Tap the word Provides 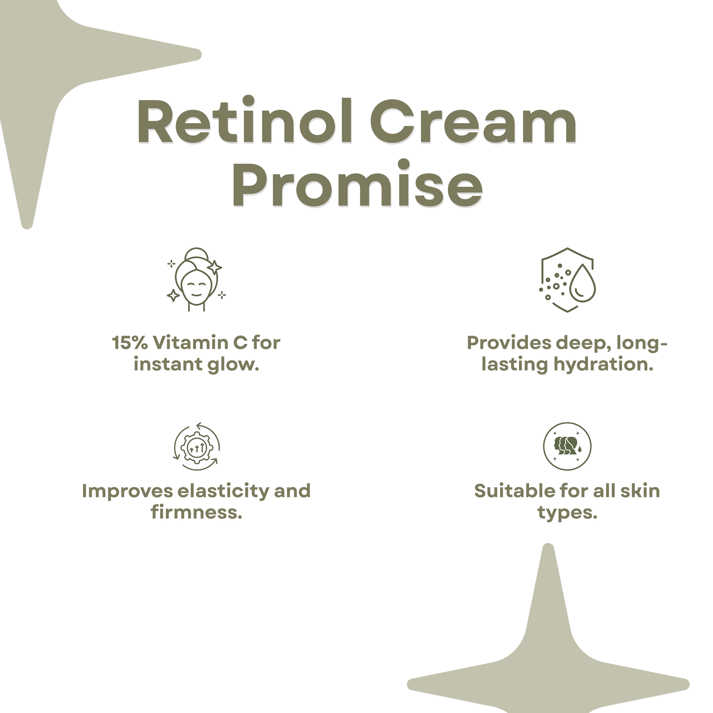pyautogui.click(x=509, y=343)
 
